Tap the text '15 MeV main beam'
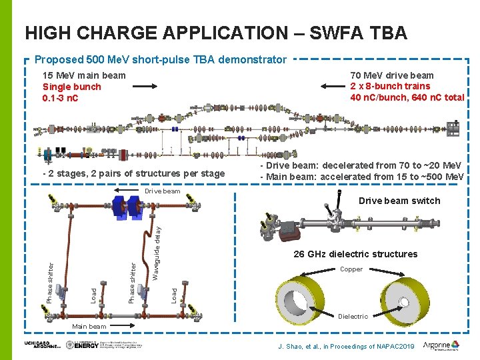[x=84, y=75]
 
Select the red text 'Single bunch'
[x=72, y=87]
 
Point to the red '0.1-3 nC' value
[x=61, y=98]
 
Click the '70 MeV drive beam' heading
[x=392, y=75]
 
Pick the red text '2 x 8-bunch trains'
[x=391, y=86]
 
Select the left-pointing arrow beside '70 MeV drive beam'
[x=333, y=85]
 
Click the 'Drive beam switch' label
[x=399, y=201]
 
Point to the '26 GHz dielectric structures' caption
[x=355, y=254]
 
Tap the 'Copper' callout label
[x=351, y=269]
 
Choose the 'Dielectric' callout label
[x=353, y=316]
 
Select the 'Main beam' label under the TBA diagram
[x=89, y=326]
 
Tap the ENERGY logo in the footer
[x=86, y=345]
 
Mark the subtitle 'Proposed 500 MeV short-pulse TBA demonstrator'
[x=160, y=59]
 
